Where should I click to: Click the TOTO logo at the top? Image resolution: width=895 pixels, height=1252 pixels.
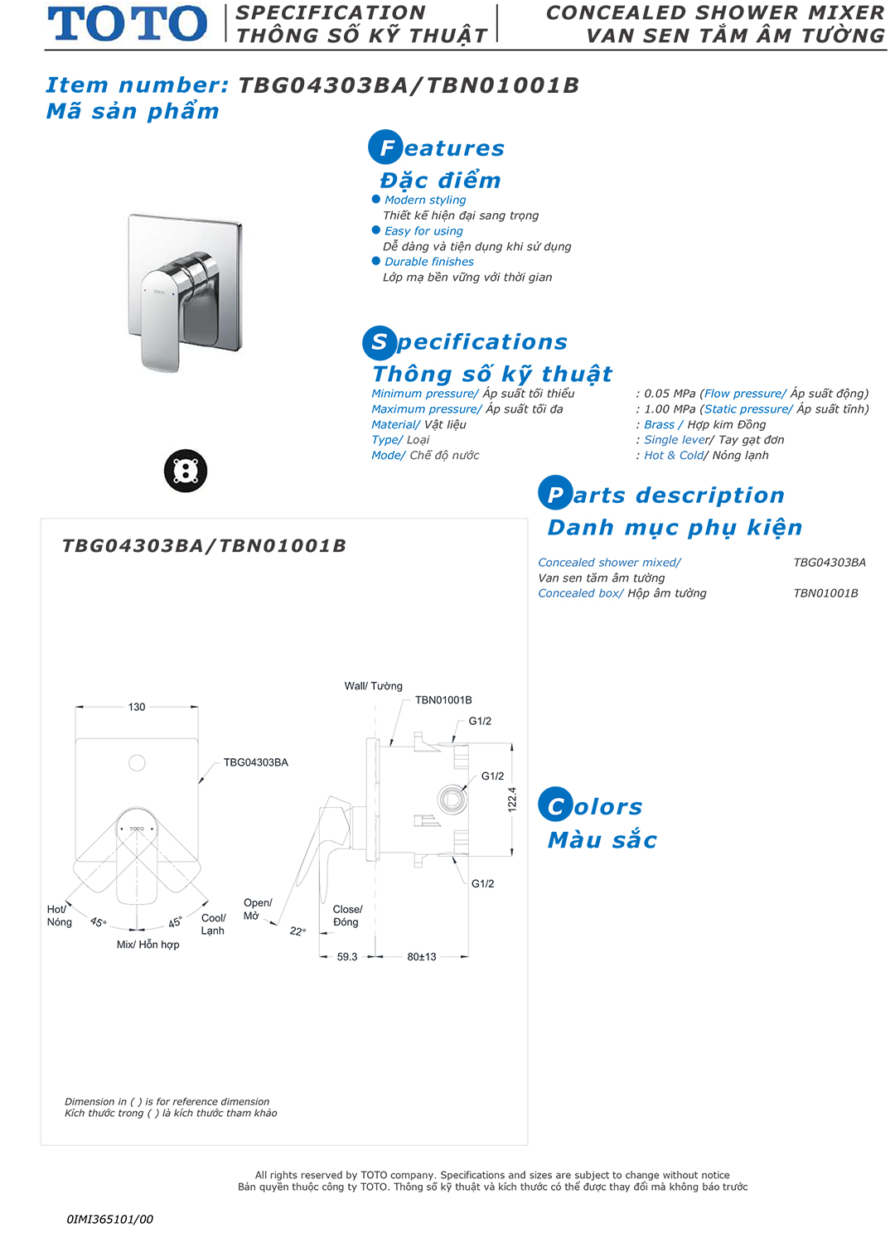click(128, 23)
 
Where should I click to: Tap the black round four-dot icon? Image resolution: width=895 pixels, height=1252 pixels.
click(186, 471)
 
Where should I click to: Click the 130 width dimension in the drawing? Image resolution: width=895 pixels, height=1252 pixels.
click(137, 707)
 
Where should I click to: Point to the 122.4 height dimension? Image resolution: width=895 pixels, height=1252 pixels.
click(512, 799)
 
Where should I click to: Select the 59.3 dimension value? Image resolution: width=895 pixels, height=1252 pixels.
click(347, 956)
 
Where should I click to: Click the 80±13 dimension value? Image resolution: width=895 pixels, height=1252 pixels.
click(422, 956)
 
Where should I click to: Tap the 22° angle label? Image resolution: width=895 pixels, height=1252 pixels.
click(298, 931)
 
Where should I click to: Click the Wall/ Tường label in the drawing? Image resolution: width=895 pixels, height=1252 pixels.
click(374, 686)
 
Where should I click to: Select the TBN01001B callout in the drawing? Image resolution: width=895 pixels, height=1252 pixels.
click(443, 700)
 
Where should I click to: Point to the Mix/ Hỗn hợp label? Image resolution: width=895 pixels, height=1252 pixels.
click(148, 945)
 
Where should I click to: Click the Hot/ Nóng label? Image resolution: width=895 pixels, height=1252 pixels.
click(59, 916)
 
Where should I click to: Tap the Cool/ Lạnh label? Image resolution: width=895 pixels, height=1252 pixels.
click(213, 924)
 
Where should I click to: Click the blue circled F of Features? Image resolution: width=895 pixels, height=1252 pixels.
click(385, 147)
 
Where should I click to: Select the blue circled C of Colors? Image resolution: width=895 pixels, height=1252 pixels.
click(555, 805)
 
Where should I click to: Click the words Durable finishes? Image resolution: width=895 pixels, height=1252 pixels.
click(429, 262)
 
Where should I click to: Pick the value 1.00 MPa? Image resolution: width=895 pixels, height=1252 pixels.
click(670, 409)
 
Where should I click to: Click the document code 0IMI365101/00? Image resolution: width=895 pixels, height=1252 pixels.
click(110, 1219)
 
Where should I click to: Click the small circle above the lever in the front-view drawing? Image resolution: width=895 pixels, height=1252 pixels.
click(138, 763)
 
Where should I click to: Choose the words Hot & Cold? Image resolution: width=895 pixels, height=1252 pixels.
click(674, 455)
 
